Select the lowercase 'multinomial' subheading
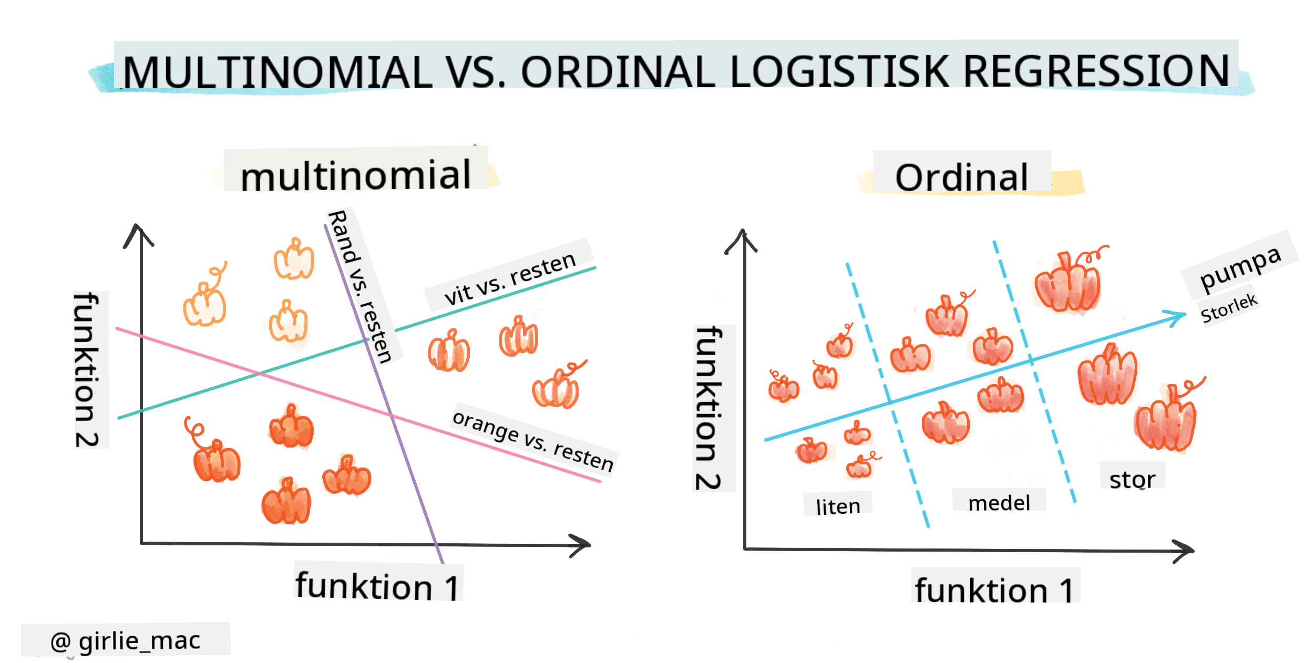point(356,174)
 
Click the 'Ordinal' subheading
point(961,177)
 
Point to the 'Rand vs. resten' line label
point(361,286)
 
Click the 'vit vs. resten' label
point(510,278)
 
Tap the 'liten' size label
point(838,506)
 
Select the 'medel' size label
point(999,503)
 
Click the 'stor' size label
point(1132,479)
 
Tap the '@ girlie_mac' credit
point(125,640)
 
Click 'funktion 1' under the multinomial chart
point(377,586)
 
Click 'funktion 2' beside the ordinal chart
point(709,408)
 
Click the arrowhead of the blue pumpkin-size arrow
point(1177,317)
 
